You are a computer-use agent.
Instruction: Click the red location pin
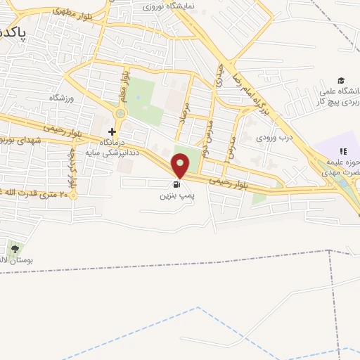pyautogui.click(x=181, y=165)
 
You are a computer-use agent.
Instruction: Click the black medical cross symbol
pyautogui.click(x=112, y=131)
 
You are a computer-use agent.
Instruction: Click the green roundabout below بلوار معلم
pyautogui.click(x=120, y=112)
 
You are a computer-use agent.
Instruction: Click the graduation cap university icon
pyautogui.click(x=341, y=81)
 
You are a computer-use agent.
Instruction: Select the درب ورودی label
pyautogui.click(x=274, y=138)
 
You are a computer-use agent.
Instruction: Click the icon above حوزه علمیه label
pyautogui.click(x=344, y=150)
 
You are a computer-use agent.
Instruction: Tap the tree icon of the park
pyautogui.click(x=15, y=249)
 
